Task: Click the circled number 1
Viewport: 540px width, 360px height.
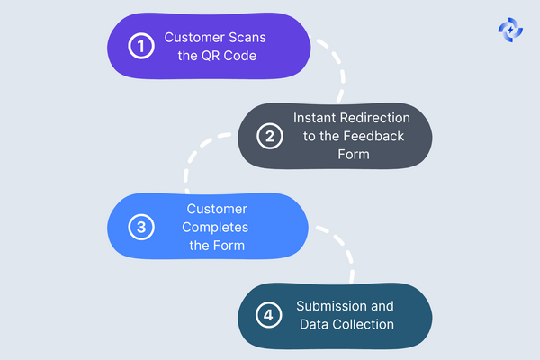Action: coord(141,47)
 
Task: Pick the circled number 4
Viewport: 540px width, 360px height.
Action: coord(267,316)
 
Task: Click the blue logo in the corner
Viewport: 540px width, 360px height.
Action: coord(510,29)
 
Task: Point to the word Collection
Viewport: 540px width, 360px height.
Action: coord(363,324)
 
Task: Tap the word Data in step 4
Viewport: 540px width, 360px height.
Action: coord(315,324)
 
